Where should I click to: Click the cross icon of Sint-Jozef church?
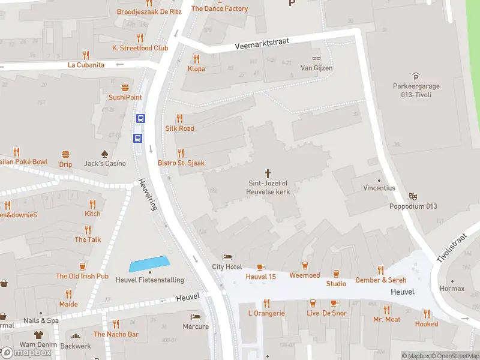tap(268, 173)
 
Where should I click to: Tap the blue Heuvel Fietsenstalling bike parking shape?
tap(149, 263)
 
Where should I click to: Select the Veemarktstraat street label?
tap(262, 43)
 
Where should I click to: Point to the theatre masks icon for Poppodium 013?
tap(412, 196)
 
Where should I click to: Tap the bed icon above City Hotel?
tap(226, 257)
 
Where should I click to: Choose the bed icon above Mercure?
tap(196, 317)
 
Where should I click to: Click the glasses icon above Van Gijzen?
tap(316, 58)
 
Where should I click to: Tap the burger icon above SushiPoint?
tap(125, 88)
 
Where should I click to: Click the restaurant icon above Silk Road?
tap(179, 118)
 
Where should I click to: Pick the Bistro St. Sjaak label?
tap(181, 163)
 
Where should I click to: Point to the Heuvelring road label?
tap(147, 194)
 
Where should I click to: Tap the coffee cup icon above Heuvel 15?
tap(260, 266)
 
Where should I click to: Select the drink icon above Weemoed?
tap(305, 265)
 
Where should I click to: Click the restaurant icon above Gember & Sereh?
tap(380, 270)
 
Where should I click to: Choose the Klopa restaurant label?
tap(196, 68)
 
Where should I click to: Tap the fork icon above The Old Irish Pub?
tap(82, 266)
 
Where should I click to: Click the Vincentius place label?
tap(379, 188)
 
